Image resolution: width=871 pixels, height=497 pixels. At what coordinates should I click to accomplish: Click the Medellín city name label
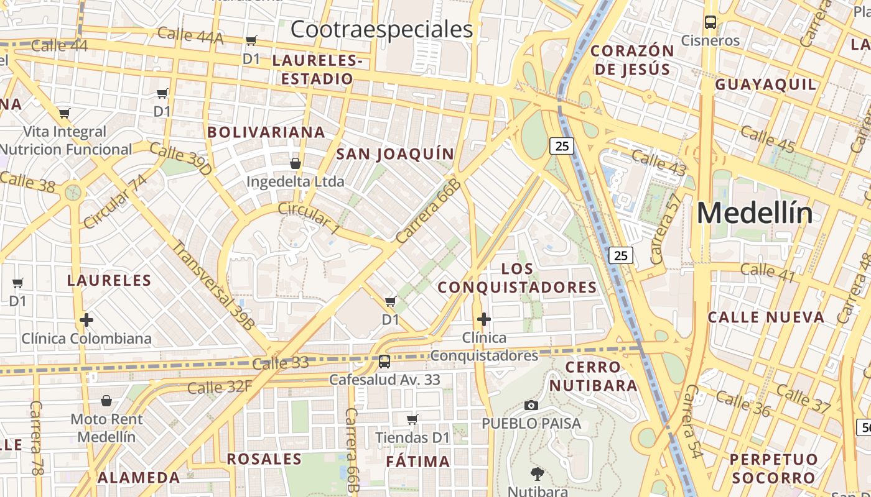tap(754, 213)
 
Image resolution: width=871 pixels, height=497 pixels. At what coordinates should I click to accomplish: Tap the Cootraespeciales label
tap(381, 29)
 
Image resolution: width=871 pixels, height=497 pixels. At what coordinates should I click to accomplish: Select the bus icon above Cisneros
tap(710, 22)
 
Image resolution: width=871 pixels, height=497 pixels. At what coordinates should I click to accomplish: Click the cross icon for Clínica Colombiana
tap(86, 320)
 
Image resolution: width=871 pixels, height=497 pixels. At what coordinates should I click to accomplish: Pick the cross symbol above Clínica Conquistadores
tap(483, 319)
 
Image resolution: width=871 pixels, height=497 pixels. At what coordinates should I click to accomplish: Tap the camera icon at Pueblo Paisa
tap(531, 405)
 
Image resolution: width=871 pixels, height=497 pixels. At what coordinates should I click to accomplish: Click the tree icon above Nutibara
tap(536, 475)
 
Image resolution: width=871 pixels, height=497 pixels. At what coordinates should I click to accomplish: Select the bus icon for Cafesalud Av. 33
tap(384, 361)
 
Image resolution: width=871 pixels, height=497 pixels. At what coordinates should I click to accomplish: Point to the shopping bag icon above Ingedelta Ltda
tap(296, 163)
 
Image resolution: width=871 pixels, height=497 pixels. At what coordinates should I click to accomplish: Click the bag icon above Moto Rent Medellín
tap(106, 401)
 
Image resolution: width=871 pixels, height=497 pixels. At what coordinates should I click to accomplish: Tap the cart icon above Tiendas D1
tap(412, 419)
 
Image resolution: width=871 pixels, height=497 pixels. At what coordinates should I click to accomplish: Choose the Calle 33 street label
tap(281, 363)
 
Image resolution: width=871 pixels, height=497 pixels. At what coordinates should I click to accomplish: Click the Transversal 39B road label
tap(213, 284)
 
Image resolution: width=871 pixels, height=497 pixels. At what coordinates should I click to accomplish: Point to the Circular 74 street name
tap(115, 201)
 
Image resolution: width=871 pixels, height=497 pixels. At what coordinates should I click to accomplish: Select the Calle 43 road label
tap(659, 163)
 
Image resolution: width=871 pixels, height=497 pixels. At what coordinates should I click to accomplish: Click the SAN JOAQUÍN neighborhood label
tap(395, 154)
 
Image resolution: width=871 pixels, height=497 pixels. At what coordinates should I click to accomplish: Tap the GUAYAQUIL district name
tap(765, 84)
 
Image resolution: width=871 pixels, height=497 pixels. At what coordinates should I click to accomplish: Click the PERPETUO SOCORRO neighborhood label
tap(774, 468)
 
